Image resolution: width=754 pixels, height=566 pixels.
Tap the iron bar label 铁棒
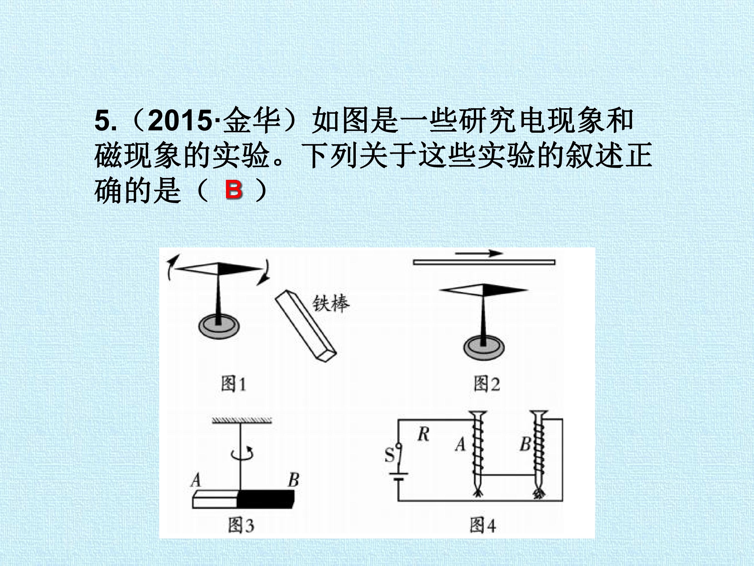click(x=331, y=303)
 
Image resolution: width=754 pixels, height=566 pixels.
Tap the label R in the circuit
click(x=423, y=434)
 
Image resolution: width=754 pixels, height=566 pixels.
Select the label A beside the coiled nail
click(x=461, y=444)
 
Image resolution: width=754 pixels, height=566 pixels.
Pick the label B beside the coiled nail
click(x=525, y=444)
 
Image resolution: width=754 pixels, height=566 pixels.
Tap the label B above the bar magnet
click(x=293, y=480)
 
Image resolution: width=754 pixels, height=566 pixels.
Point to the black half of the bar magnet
click(x=265, y=499)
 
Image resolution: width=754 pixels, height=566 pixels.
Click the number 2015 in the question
click(x=180, y=121)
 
